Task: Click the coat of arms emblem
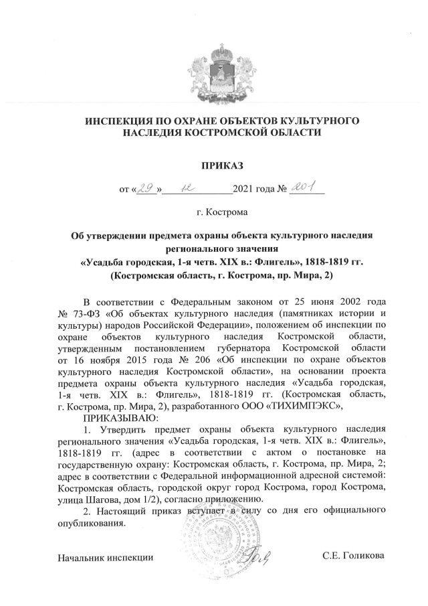tap(213, 66)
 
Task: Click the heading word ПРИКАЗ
tap(213, 164)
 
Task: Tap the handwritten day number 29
tap(146, 190)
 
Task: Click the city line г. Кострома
tap(213, 213)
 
